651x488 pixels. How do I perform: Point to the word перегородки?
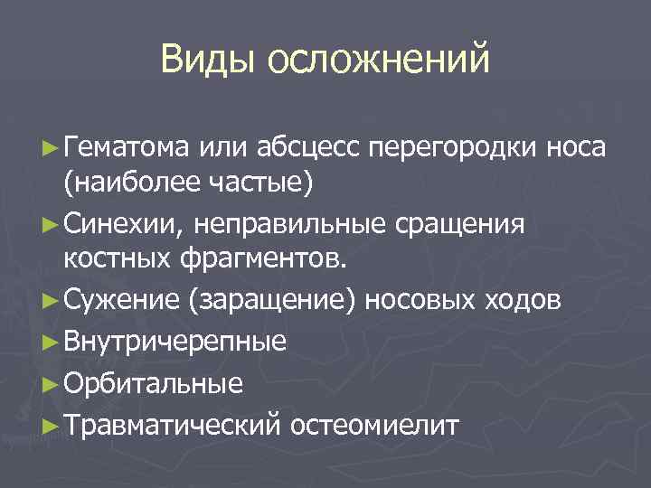click(x=456, y=145)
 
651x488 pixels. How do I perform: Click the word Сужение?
click(x=121, y=301)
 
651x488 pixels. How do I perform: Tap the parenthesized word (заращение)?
click(x=273, y=301)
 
